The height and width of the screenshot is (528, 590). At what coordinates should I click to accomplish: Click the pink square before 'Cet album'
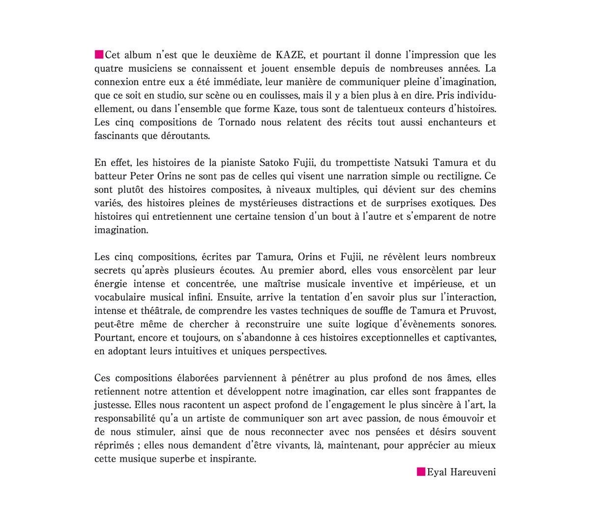(x=99, y=54)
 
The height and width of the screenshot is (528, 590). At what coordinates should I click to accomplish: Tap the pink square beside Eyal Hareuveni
(x=421, y=472)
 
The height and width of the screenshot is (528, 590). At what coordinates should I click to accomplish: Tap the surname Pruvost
(x=477, y=311)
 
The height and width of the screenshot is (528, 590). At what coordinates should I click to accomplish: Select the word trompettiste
(x=364, y=162)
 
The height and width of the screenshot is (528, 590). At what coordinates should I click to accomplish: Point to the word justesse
(x=112, y=405)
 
